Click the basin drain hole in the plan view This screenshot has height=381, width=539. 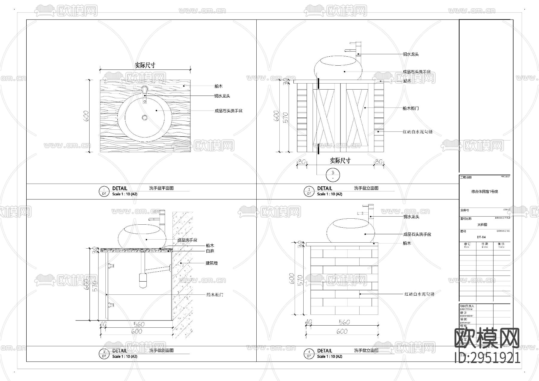[x=145, y=118]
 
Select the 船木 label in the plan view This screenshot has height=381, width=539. [x=218, y=86]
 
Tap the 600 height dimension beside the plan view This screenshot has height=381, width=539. [x=86, y=116]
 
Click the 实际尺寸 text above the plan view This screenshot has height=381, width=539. [x=145, y=65]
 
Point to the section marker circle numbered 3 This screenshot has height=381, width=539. [x=333, y=174]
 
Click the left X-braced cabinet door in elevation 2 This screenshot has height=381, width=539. [x=324, y=117]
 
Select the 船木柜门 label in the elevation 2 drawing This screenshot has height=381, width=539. [x=411, y=108]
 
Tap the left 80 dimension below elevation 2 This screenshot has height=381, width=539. [x=302, y=162]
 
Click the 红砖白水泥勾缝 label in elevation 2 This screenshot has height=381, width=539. [x=417, y=132]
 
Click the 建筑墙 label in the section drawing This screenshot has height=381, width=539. [x=211, y=263]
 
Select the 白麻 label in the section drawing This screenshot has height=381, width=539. [x=210, y=251]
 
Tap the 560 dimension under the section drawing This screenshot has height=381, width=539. [x=139, y=324]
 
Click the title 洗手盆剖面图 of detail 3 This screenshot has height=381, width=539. [x=161, y=350]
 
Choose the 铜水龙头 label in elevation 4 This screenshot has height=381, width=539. [x=411, y=217]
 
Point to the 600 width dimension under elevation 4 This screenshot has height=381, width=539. [x=342, y=331]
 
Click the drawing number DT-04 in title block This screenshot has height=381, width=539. [x=481, y=237]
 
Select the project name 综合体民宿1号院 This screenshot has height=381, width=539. [x=485, y=191]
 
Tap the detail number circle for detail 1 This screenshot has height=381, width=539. [x=104, y=191]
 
